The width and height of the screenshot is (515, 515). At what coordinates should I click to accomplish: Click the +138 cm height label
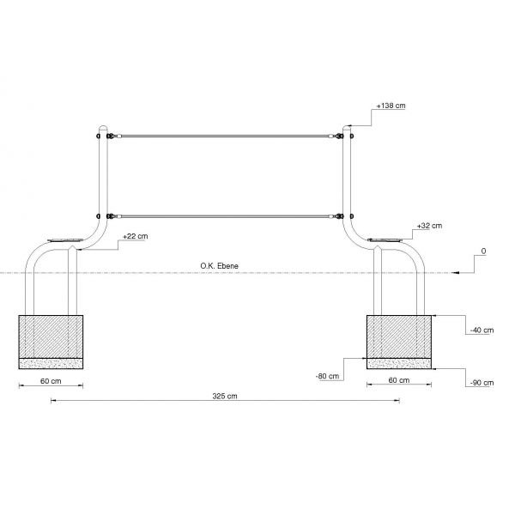pyautogui.click(x=391, y=106)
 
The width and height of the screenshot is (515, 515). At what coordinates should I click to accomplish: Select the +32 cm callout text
pyautogui.click(x=429, y=226)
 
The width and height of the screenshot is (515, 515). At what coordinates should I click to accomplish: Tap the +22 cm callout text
pyautogui.click(x=136, y=237)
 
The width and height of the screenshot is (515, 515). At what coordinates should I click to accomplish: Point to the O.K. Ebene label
pyautogui.click(x=220, y=266)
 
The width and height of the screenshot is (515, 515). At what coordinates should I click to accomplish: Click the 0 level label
pyautogui.click(x=483, y=251)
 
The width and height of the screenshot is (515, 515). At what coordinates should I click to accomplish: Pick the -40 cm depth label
pyautogui.click(x=482, y=330)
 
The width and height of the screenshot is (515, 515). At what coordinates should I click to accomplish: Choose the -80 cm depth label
pyautogui.click(x=327, y=376)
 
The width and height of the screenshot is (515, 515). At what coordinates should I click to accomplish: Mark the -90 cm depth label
pyautogui.click(x=482, y=383)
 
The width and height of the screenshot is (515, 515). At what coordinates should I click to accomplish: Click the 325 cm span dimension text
pyautogui.click(x=225, y=396)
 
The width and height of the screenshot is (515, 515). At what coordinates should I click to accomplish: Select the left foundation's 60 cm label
pyautogui.click(x=51, y=381)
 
